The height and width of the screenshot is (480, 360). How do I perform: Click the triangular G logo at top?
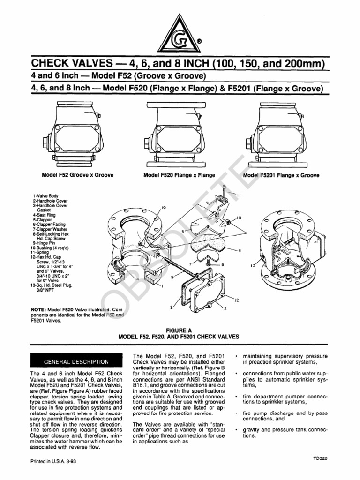[180, 32]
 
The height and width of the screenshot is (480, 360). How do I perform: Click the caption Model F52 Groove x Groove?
[77, 175]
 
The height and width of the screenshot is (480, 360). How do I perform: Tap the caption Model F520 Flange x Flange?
[180, 175]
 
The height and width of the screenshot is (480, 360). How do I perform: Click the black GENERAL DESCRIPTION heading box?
[76, 361]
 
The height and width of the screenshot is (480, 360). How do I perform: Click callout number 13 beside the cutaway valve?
[253, 266]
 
